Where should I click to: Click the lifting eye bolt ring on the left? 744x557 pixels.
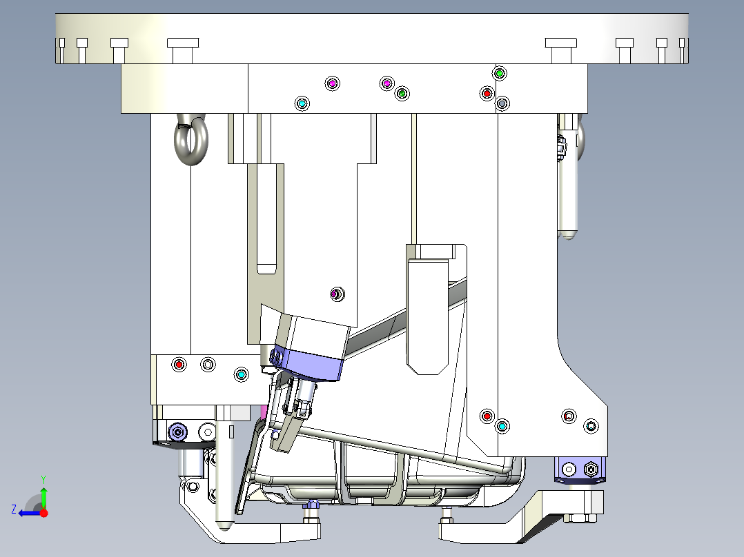coord(190,143)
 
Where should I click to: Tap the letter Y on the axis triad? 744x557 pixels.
coord(43,478)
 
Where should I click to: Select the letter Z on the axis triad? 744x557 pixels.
coord(14,509)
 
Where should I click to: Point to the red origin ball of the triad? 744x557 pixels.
coord(43,513)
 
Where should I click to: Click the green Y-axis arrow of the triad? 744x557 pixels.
coord(43,495)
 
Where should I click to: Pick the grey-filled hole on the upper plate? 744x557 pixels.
coord(502,103)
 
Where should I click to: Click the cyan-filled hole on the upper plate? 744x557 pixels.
coord(302,103)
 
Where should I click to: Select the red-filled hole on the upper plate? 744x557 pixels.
coord(487,93)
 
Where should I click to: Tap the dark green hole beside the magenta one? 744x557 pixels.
coord(402,93)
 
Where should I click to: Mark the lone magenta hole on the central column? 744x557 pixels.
coord(336,294)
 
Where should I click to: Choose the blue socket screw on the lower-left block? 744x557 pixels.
coord(179,432)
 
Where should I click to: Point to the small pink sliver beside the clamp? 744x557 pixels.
coord(263,412)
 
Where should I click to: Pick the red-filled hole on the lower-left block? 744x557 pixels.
coord(179,364)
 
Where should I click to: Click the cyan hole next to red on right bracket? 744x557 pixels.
coord(502,427)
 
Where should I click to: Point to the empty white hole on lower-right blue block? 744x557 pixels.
coord(568,469)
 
